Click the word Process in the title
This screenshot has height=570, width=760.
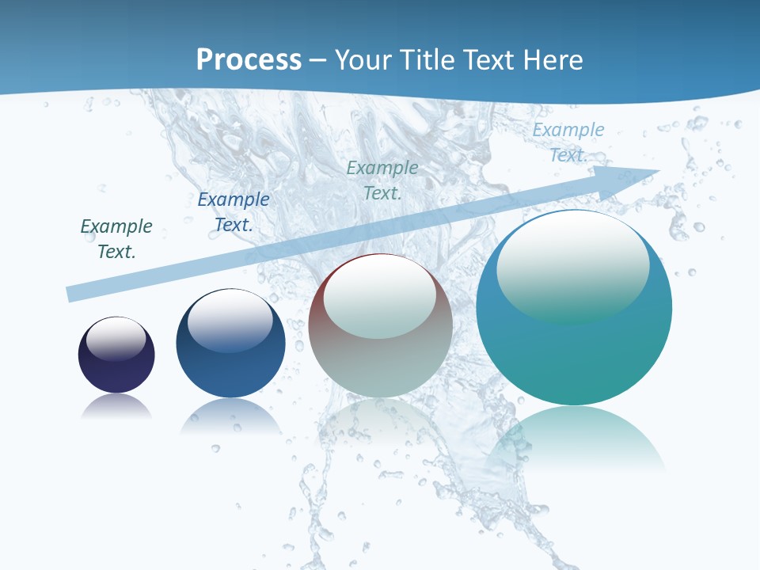pos(249,59)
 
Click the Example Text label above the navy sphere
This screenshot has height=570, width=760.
pos(116,238)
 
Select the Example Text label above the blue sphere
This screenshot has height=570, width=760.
pos(234,211)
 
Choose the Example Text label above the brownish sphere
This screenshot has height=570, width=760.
pos(382,180)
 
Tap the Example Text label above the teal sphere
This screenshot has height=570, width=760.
pos(568,142)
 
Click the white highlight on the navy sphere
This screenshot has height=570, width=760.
pos(116,338)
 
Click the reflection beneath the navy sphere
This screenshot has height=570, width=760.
pos(116,407)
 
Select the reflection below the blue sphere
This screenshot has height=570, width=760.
pos(230,416)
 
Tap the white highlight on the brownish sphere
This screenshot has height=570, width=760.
pos(380,294)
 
